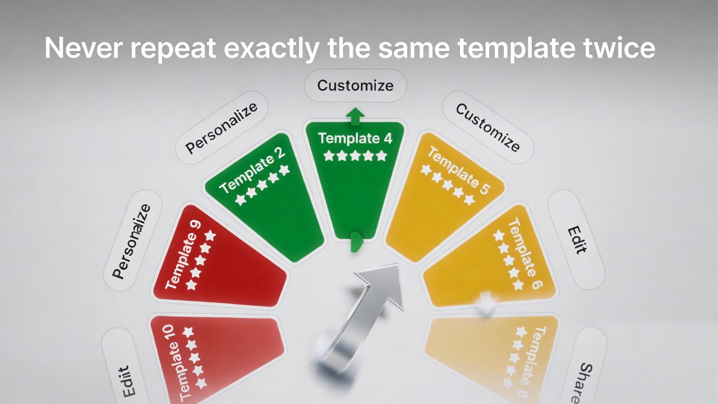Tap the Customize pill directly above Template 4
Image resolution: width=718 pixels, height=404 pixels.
[x=355, y=86]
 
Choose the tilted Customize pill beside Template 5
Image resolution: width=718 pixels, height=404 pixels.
[x=487, y=127]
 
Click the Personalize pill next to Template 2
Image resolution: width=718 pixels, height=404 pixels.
[x=222, y=128]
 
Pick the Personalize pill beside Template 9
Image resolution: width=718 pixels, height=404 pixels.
[x=132, y=241]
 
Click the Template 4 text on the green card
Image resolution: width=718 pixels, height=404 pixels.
[x=355, y=138]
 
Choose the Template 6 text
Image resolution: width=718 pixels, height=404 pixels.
[x=525, y=254]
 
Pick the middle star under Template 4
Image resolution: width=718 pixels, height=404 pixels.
[x=355, y=155]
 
